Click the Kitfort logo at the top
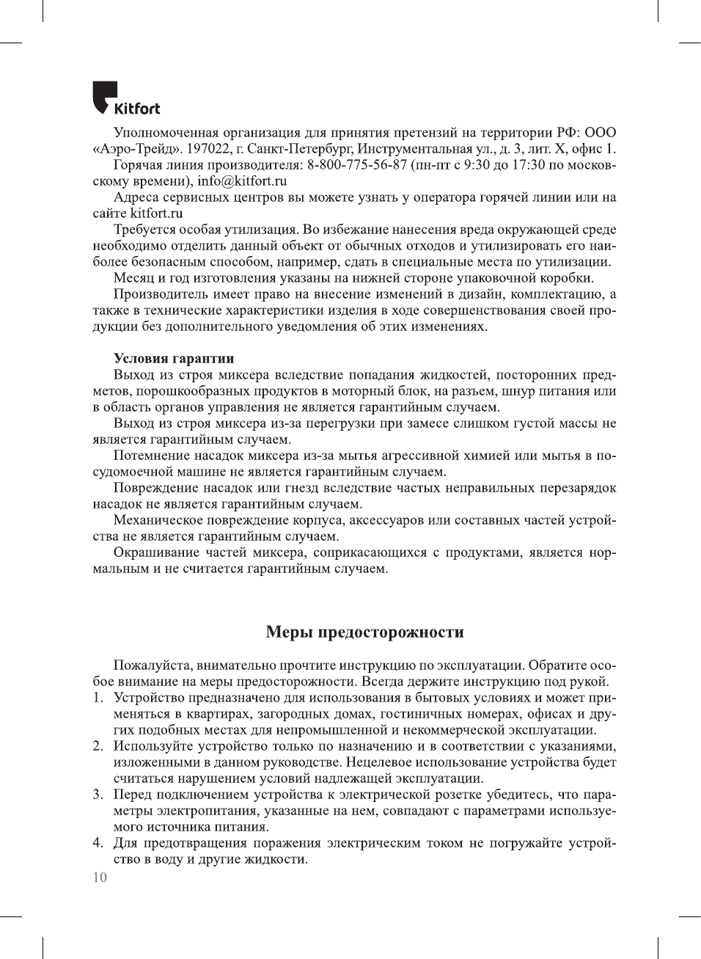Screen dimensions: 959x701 coord(125,99)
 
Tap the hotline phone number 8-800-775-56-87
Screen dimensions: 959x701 coord(357,164)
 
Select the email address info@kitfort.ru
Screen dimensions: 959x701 coord(242,181)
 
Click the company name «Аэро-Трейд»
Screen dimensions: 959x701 coord(135,149)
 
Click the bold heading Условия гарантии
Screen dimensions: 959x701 coord(174,359)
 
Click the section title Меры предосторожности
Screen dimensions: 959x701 coord(364,632)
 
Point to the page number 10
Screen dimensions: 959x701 coord(100,878)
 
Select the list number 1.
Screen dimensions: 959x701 coord(98,698)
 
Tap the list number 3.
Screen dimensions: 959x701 coord(98,795)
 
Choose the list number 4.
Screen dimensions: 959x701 coord(98,843)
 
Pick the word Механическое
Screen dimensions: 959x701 coord(158,520)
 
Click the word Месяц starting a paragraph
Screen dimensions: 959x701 coord(133,278)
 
